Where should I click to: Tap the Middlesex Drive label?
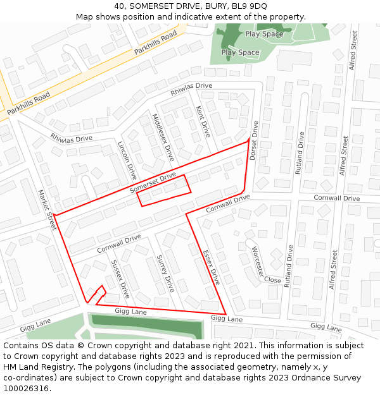pos(163,136)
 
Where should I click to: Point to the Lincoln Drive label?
pos(127,161)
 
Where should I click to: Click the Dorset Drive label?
pos(254,140)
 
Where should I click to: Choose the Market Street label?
pos(47,209)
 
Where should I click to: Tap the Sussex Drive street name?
pos(120,279)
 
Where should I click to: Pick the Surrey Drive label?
pos(165,273)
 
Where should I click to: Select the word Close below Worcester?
pos(272,280)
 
